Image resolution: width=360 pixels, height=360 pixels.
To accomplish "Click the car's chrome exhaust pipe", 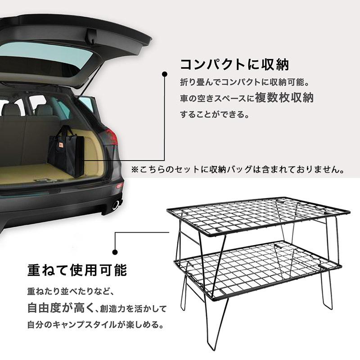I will point(116,205).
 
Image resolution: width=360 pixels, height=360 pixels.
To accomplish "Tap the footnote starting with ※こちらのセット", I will point(238,170).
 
